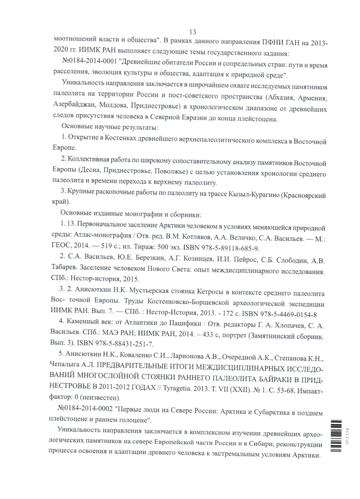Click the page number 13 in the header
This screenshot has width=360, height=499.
click(x=192, y=32)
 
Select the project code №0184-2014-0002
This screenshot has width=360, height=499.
click(x=85, y=408)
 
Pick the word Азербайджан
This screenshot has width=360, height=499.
click(x=74, y=104)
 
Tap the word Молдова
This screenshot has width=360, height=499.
click(x=113, y=105)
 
